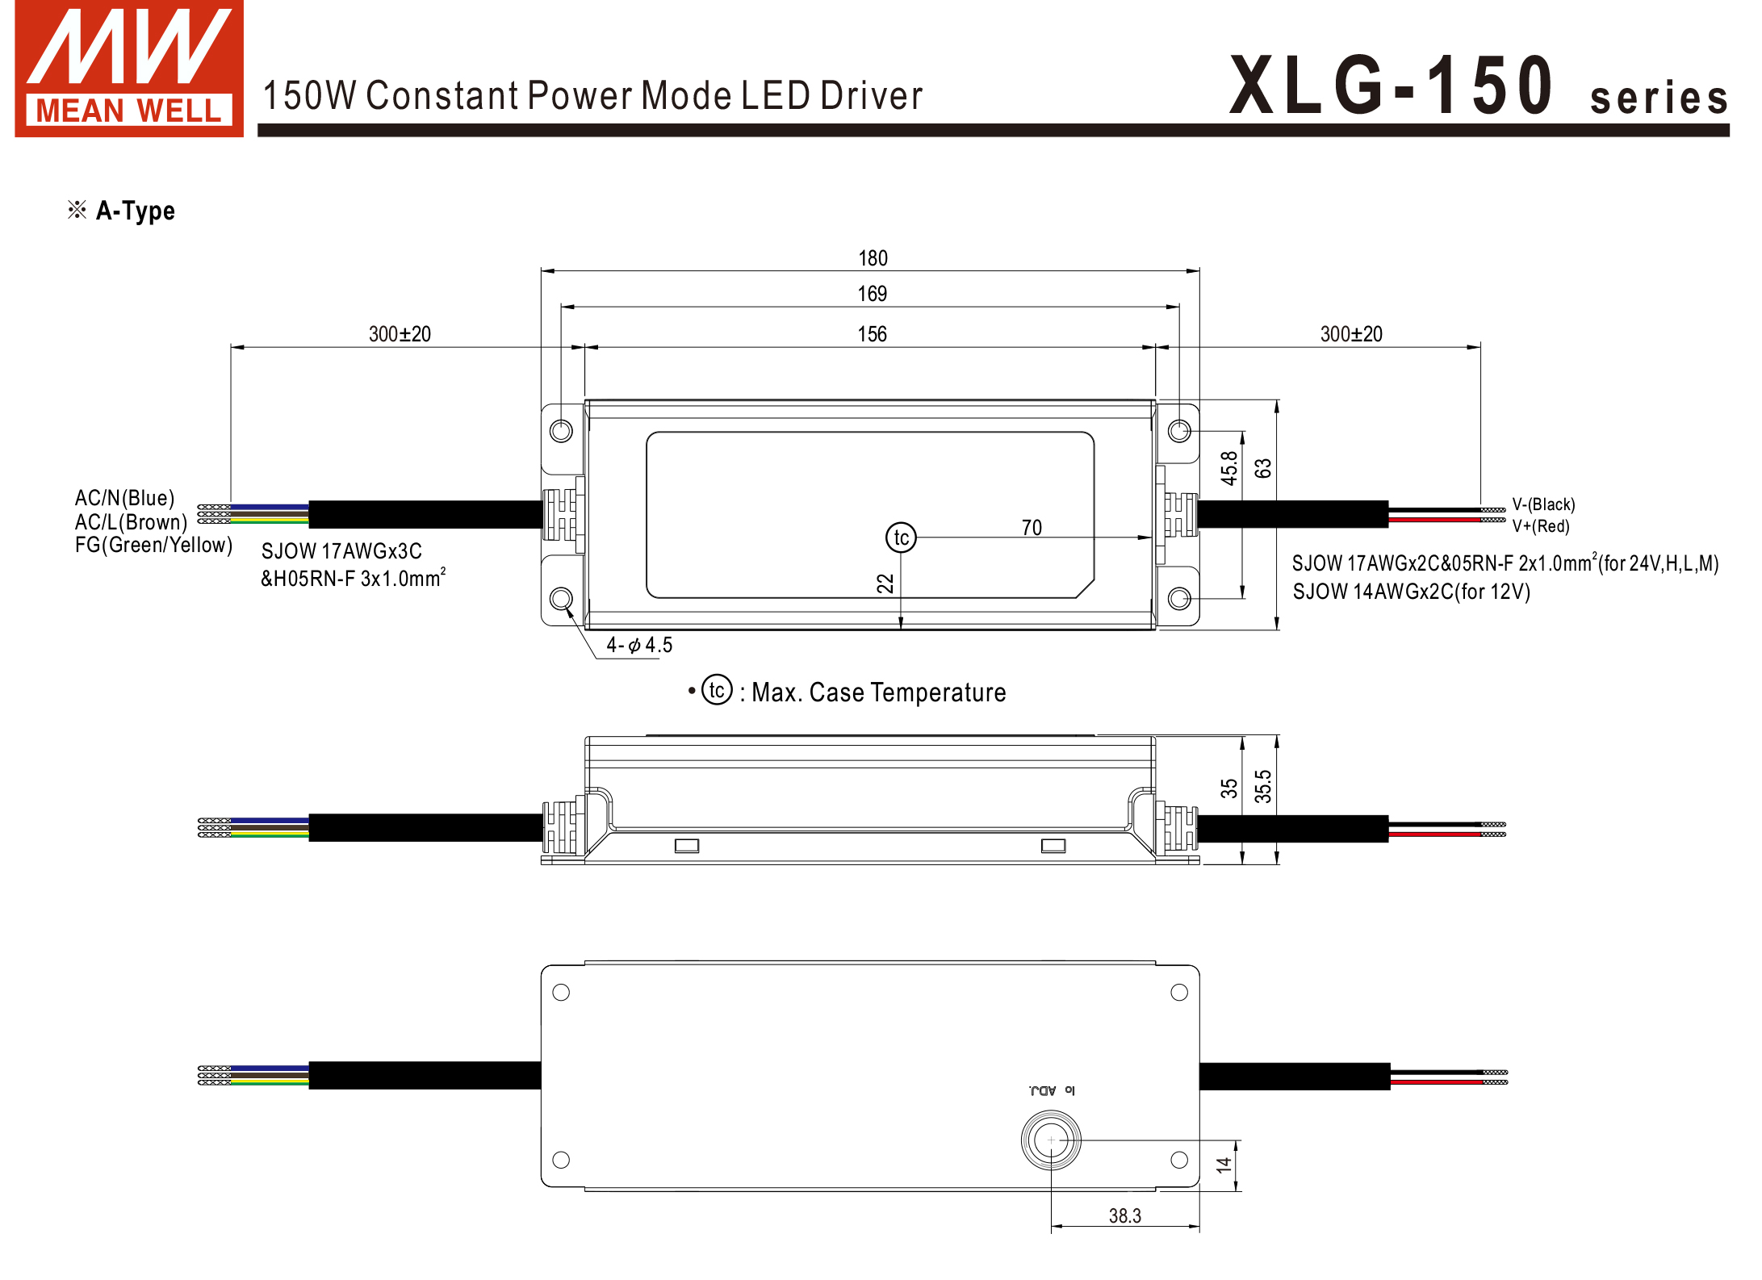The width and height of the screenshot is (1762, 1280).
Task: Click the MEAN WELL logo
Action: click(x=129, y=69)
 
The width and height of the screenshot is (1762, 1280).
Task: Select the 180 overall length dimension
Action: click(x=872, y=258)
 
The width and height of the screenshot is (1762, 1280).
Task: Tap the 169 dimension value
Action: click(x=872, y=294)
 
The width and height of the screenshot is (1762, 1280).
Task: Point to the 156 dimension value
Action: click(x=872, y=334)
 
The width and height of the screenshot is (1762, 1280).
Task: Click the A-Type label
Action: click(x=134, y=211)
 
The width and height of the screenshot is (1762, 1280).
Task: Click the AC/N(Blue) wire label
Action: click(x=124, y=498)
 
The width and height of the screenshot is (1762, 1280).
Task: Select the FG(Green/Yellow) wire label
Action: click(x=153, y=546)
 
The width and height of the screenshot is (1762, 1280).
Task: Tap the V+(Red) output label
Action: click(x=1540, y=526)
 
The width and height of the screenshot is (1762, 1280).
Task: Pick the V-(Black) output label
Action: click(x=1542, y=504)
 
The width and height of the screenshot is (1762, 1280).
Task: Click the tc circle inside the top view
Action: click(x=901, y=538)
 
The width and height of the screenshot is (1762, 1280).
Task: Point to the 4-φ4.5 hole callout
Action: click(x=638, y=645)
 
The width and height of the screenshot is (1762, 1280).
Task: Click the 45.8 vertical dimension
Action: click(x=1228, y=468)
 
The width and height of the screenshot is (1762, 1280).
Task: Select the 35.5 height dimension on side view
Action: click(x=1262, y=787)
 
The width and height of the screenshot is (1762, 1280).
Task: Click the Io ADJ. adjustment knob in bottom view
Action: click(x=1050, y=1140)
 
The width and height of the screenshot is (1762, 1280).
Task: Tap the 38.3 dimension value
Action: click(x=1124, y=1215)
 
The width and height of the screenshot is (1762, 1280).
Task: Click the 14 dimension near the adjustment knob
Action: click(x=1224, y=1165)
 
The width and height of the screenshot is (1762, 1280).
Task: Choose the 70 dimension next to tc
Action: click(x=1031, y=528)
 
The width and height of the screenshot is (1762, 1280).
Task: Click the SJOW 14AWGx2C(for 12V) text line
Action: click(x=1410, y=592)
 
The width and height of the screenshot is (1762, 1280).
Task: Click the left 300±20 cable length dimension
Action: click(x=400, y=334)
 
